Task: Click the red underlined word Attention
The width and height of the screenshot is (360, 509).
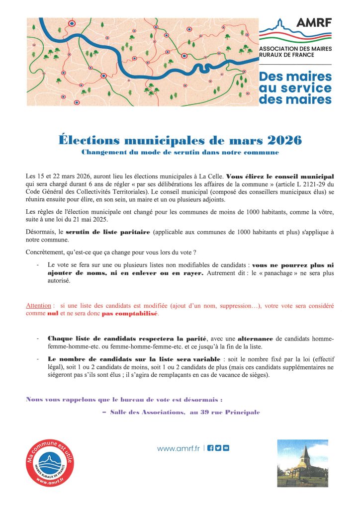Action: [x=39, y=307]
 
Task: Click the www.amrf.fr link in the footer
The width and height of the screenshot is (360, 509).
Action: [x=179, y=448]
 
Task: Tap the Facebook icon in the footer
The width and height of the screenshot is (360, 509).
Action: [x=210, y=448]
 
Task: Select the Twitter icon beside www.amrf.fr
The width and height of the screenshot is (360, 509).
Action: [x=218, y=448]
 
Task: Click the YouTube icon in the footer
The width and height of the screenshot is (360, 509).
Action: [x=226, y=448]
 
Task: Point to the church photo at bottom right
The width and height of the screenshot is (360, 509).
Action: [x=302, y=463]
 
